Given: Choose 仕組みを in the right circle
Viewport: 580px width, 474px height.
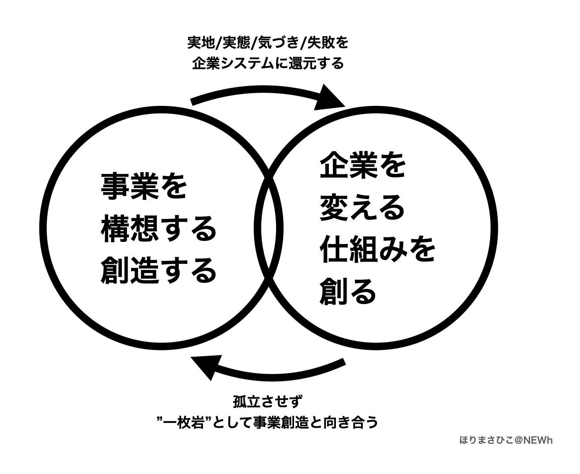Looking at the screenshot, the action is (x=378, y=249).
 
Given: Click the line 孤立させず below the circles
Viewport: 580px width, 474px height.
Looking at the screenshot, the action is (x=268, y=403).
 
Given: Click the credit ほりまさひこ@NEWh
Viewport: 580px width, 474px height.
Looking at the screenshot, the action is (x=506, y=440).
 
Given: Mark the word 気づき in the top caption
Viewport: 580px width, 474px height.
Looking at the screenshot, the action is (x=279, y=43).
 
